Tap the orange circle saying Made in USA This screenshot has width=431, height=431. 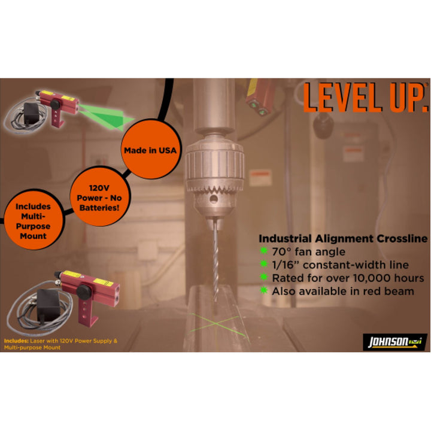tap(150, 150)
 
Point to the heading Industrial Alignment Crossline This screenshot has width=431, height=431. tap(342, 238)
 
